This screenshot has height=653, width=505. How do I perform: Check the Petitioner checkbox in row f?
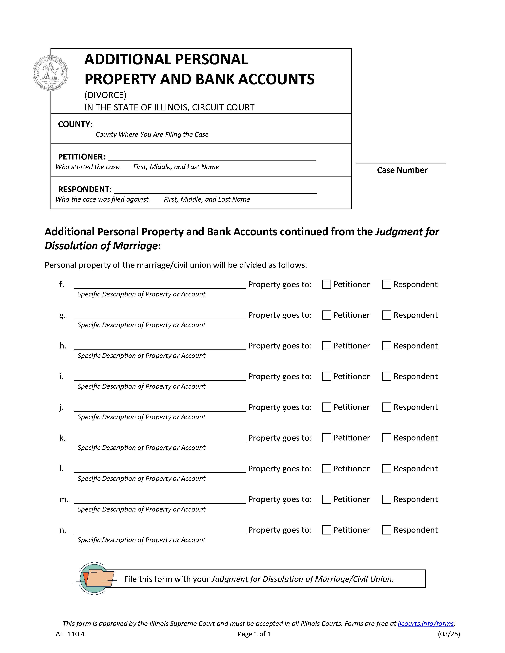tap(326, 284)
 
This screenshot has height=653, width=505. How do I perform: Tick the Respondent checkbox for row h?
tap(387, 346)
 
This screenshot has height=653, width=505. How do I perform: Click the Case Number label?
tap(402, 170)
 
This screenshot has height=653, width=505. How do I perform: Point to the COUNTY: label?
tap(75, 124)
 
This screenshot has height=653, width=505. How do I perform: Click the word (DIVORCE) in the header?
tap(105, 95)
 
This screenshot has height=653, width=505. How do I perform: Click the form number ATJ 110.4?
tap(70, 634)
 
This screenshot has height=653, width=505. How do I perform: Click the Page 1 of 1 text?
tap(254, 634)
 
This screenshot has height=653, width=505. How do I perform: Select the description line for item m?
tap(160, 500)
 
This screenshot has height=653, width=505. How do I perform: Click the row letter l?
tap(61, 469)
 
